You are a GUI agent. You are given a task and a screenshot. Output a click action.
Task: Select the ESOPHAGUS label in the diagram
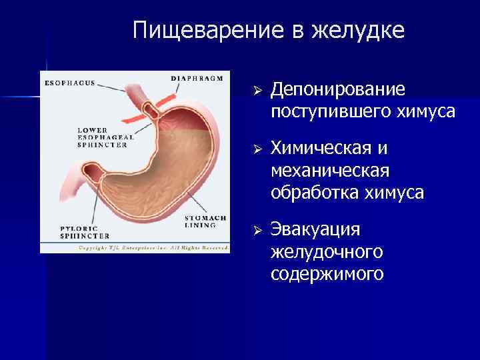(x=69, y=83)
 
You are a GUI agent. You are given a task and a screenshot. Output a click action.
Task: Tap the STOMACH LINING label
(x=205, y=221)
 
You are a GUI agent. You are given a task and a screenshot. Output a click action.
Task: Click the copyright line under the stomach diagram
(x=135, y=247)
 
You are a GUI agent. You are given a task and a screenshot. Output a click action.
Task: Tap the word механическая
(x=330, y=171)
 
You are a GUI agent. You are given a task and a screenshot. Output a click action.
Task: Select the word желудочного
(x=327, y=251)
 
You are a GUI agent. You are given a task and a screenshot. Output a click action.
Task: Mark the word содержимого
(x=327, y=273)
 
